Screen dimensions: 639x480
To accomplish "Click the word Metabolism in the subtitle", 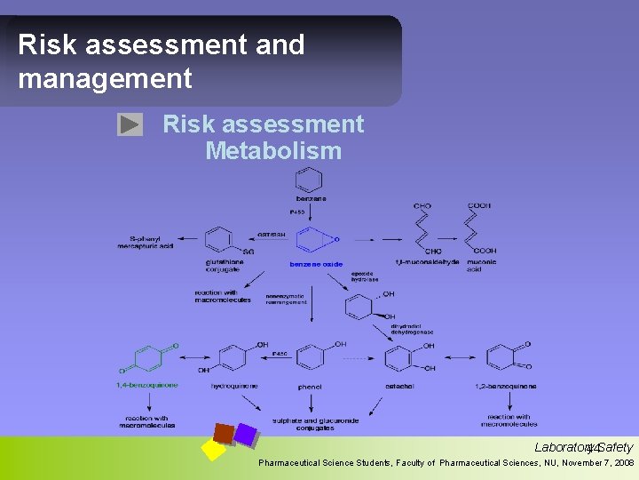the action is [x=273, y=151].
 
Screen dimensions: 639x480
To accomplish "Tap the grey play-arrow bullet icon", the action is [x=130, y=125].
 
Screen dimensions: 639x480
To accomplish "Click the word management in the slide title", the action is [x=105, y=78].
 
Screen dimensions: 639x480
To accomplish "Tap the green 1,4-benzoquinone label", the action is [x=147, y=385].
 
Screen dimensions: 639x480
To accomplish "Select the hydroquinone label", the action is [x=235, y=387].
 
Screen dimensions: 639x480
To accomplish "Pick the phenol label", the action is [x=311, y=387].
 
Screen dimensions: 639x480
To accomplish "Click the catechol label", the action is [x=401, y=387].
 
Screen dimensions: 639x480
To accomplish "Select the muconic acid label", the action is [x=482, y=265].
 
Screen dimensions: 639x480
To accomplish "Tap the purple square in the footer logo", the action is [x=245, y=434].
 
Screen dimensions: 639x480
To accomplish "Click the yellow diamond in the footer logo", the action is [x=213, y=449].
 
